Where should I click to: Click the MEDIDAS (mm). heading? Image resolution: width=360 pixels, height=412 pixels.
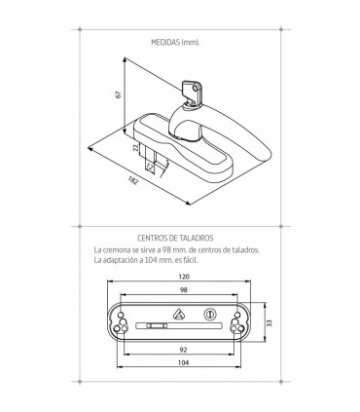pyautogui.click(x=175, y=43)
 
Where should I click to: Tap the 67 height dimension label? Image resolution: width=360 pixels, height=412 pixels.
pyautogui.click(x=119, y=94)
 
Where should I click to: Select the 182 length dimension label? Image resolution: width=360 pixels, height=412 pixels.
pyautogui.click(x=133, y=180)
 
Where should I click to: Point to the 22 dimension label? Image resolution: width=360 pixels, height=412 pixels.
pyautogui.click(x=136, y=147)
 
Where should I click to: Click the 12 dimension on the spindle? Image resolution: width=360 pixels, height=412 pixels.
pyautogui.click(x=150, y=167)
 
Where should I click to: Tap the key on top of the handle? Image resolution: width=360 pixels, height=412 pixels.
pyautogui.click(x=192, y=92)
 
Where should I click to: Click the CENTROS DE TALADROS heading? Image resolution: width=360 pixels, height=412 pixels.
pyautogui.click(x=175, y=238)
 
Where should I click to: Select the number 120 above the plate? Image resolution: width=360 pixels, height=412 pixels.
pyautogui.click(x=184, y=277)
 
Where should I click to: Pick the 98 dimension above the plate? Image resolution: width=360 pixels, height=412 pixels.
pyautogui.click(x=184, y=290)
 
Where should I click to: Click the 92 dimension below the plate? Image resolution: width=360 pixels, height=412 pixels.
pyautogui.click(x=183, y=350)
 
